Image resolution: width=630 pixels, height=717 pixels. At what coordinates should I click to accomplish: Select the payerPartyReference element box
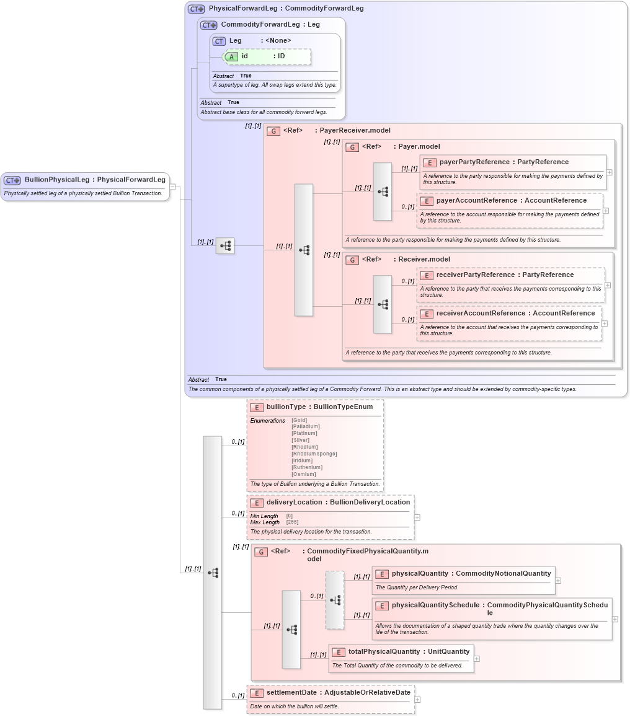coord(512,172)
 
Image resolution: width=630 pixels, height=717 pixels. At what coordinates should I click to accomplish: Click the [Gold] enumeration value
coord(299,420)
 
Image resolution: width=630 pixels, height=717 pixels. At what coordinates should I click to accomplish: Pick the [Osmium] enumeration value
coord(304,474)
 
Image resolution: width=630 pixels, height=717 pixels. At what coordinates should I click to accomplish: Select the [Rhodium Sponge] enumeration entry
coord(314,454)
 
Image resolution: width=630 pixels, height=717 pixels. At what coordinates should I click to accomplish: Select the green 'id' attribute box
coord(267,56)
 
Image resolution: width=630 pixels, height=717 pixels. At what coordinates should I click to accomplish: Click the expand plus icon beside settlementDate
coord(417,700)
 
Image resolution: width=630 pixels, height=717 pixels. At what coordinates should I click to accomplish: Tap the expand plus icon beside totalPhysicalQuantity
coord(477,659)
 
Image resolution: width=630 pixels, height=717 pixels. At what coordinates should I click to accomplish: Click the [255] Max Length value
coord(292,522)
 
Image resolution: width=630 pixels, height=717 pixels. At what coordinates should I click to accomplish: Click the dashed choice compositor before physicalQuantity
coord(335,600)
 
